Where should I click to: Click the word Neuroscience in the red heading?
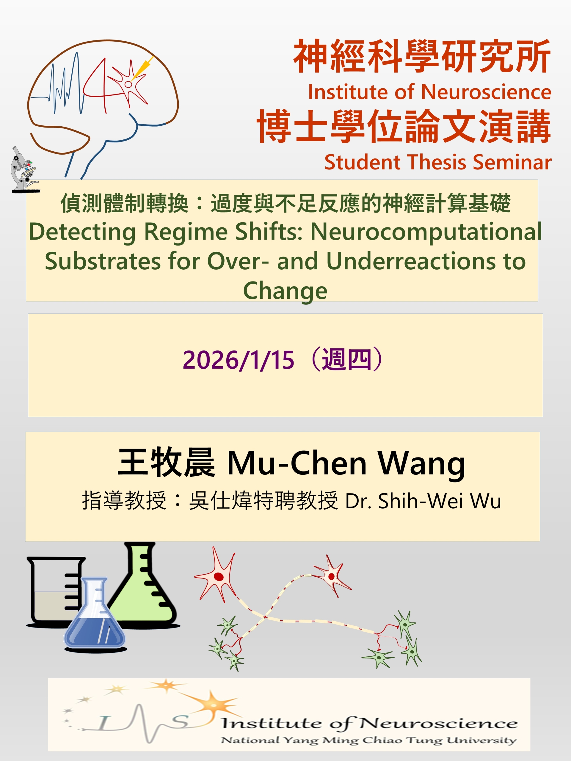[x=486, y=92]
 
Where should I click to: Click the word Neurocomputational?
[x=426, y=232]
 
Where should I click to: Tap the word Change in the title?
[x=285, y=291]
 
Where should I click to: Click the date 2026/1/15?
[x=238, y=360]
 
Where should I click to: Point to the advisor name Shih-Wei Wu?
[x=440, y=501]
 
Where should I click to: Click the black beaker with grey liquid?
[x=55, y=592]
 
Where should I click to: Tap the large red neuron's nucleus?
[x=219, y=577]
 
